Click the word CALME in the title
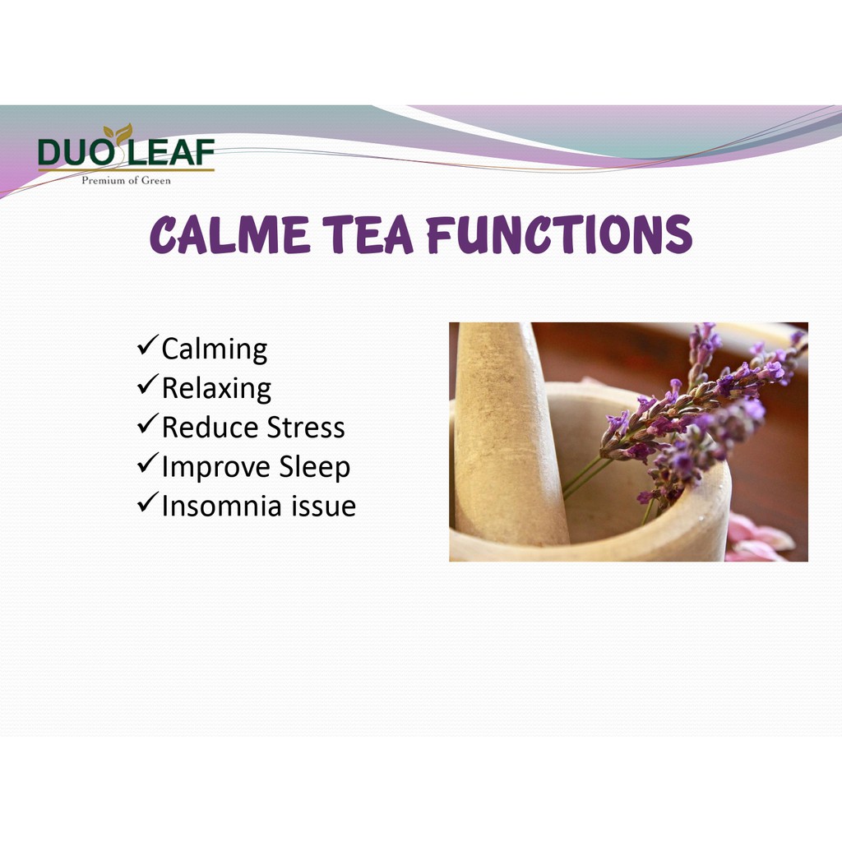[230, 235]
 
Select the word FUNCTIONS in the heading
[559, 234]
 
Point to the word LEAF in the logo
[171, 152]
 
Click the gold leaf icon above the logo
[118, 132]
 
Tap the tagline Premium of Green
[126, 180]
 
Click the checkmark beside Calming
[148, 345]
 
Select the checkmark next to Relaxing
[148, 384]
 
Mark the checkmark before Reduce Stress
[148, 423]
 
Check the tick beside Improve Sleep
[148, 462]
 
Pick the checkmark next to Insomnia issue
[148, 502]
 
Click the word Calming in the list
[215, 350]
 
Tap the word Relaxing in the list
[216, 389]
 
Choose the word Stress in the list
[306, 428]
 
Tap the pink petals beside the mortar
[760, 538]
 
